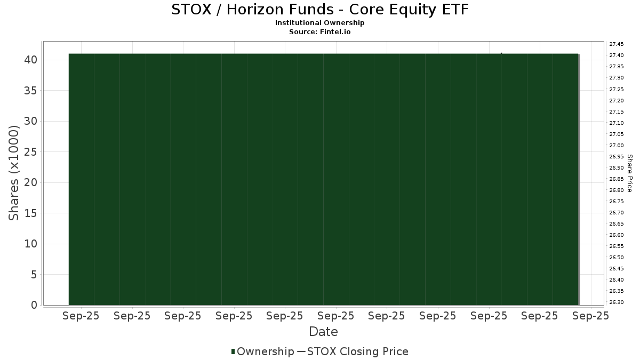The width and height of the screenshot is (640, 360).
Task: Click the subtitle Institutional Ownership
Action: (319, 23)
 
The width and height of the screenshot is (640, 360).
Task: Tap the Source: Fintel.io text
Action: (319, 31)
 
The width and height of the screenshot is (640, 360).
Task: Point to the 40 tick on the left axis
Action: (31, 60)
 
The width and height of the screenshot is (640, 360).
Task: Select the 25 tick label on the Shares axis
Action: (31, 152)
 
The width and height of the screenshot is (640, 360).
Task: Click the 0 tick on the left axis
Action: (34, 305)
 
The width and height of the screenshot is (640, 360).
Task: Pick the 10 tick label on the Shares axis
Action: (31, 244)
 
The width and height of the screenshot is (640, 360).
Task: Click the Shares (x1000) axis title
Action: (13, 173)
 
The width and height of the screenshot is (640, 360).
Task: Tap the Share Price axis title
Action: (630, 173)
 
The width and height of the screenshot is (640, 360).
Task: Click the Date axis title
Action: (323, 332)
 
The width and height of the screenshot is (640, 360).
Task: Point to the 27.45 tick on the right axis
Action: (617, 44)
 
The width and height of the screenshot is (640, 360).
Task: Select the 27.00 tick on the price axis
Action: (617, 146)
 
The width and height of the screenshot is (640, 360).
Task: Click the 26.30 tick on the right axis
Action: (617, 302)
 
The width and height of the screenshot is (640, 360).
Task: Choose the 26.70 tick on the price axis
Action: (617, 213)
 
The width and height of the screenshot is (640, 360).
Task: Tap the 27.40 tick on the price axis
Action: (617, 55)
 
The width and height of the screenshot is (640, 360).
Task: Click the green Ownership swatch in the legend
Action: (233, 351)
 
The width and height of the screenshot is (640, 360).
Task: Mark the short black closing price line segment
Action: (501, 54)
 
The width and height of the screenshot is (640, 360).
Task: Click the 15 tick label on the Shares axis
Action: (31, 213)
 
